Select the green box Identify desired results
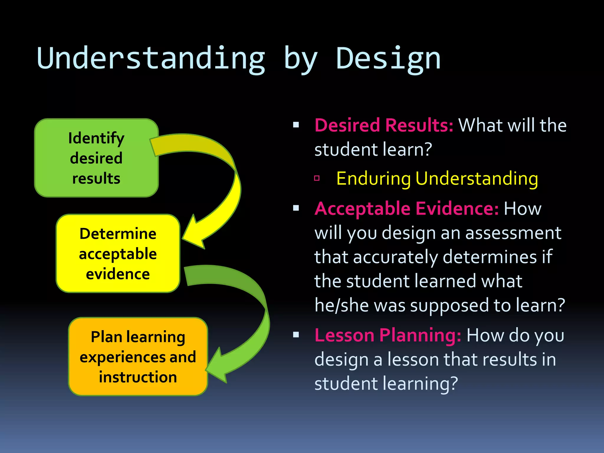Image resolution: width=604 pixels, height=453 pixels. (96, 158)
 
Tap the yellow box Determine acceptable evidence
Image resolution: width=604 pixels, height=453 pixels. (118, 254)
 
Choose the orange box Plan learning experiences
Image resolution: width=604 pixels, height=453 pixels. (138, 357)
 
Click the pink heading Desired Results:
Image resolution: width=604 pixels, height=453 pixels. (384, 125)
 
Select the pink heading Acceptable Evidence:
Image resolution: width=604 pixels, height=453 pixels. (406, 209)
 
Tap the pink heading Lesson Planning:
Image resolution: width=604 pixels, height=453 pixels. (388, 335)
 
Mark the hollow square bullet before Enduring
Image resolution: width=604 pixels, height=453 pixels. (317, 178)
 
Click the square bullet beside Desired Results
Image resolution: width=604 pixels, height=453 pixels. (296, 125)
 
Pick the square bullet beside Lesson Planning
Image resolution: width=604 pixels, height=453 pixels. (296, 335)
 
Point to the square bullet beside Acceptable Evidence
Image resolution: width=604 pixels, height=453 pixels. (296, 208)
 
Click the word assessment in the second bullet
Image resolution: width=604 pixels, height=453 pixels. (513, 233)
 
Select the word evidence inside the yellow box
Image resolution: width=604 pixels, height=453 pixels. (118, 274)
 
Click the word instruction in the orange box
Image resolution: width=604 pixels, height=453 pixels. (138, 377)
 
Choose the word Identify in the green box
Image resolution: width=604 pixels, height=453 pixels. (96, 138)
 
